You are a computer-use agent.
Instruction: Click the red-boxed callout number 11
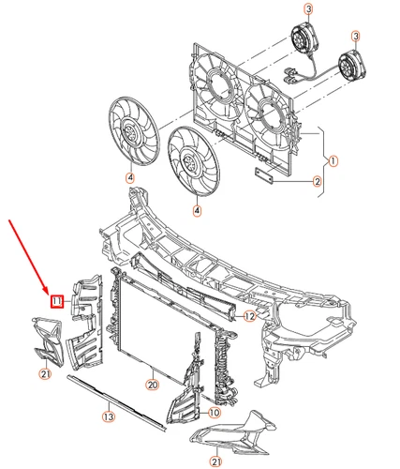[x=57, y=300]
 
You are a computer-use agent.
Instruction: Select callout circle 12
[x=249, y=317]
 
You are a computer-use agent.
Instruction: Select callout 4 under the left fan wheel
[x=130, y=178]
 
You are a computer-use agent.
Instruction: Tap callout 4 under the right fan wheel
[x=197, y=212]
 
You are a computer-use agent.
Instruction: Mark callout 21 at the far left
[x=44, y=375]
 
